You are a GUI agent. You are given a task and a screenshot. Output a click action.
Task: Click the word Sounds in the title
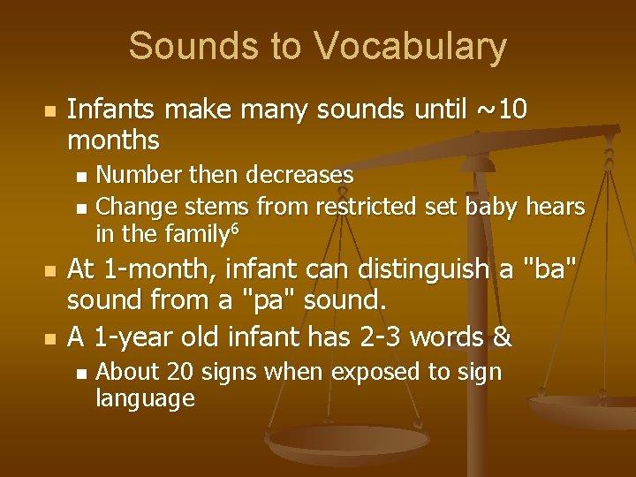click(x=202, y=46)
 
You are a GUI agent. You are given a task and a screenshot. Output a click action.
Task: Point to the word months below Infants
click(x=113, y=140)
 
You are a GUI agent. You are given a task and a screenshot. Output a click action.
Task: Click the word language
click(x=144, y=398)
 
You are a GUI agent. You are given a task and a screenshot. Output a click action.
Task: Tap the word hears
click(x=555, y=207)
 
